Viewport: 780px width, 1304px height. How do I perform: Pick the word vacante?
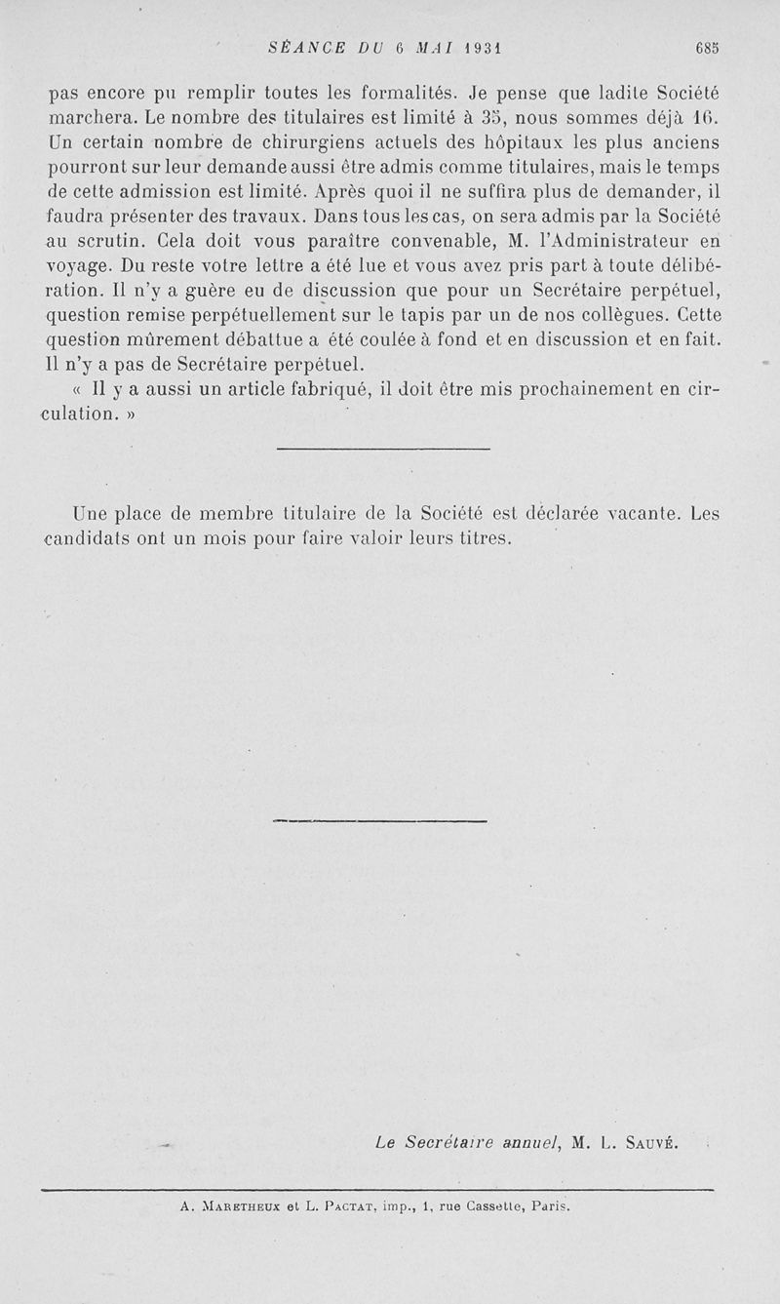[645, 513]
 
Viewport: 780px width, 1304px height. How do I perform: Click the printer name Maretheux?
[240, 1206]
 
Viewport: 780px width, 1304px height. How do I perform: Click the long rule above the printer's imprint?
[378, 1188]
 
